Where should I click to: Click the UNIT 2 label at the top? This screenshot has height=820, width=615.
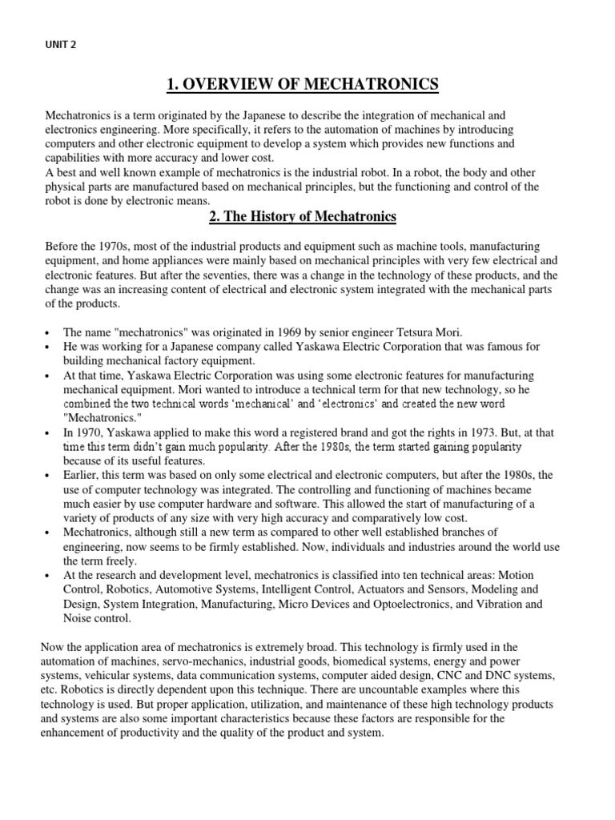[x=61, y=45]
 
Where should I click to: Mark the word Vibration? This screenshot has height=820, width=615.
[x=501, y=605]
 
